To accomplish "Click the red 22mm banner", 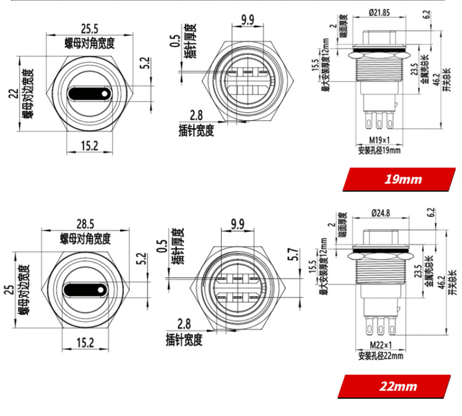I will point(397,385).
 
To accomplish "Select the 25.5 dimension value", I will point(90,28).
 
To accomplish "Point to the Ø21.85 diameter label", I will point(379,12).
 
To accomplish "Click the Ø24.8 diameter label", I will point(378,213).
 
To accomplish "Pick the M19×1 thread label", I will point(380,140).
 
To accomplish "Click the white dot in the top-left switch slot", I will point(104,93).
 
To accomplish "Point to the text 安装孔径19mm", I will point(379,151).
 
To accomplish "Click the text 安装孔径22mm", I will point(379,356).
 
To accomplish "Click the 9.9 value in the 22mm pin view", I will point(236,223).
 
